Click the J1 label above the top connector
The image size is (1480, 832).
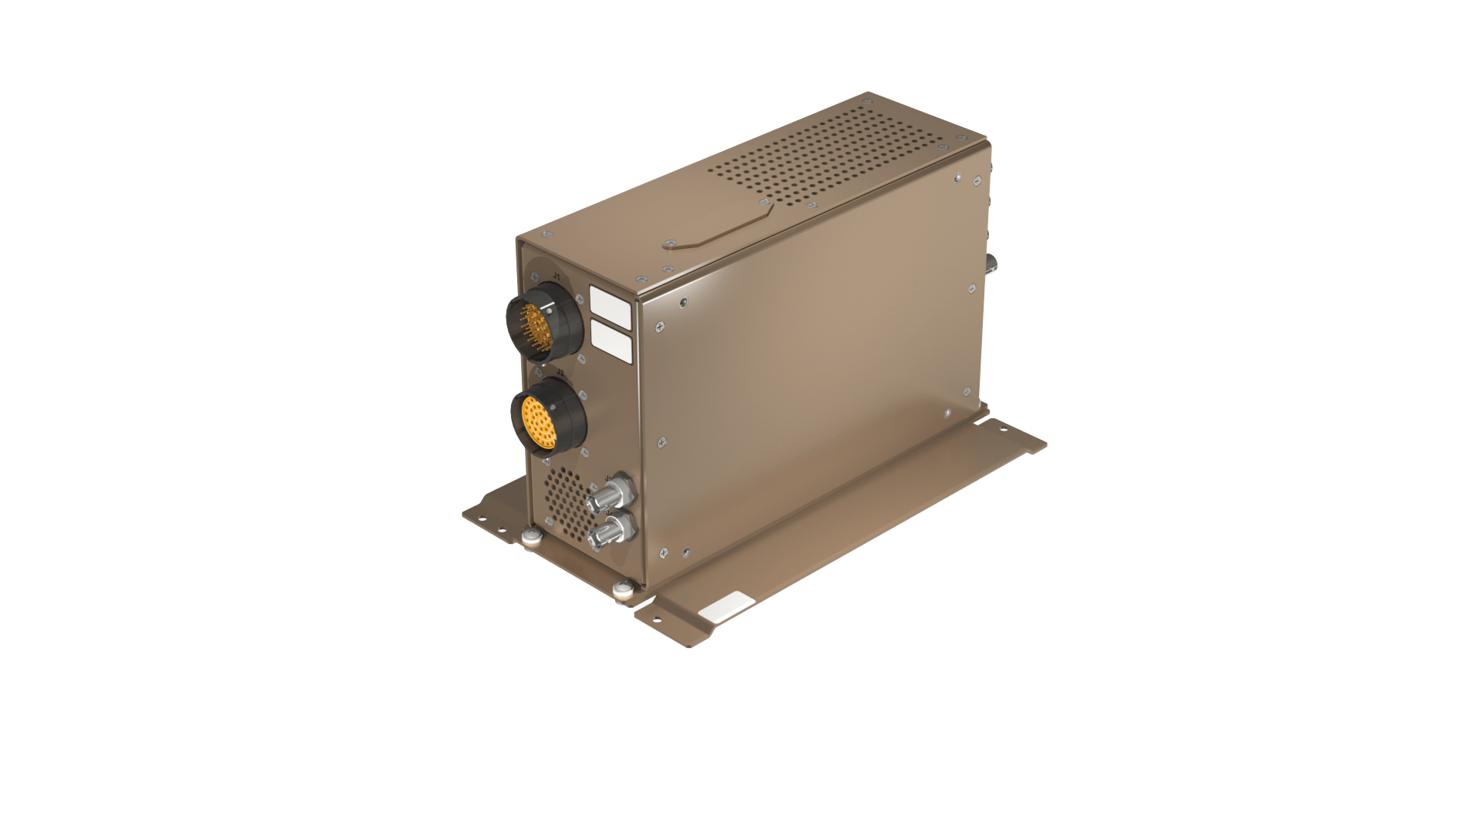tap(554, 275)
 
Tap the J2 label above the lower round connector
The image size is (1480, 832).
tap(560, 373)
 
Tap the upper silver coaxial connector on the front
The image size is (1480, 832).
tap(607, 495)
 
